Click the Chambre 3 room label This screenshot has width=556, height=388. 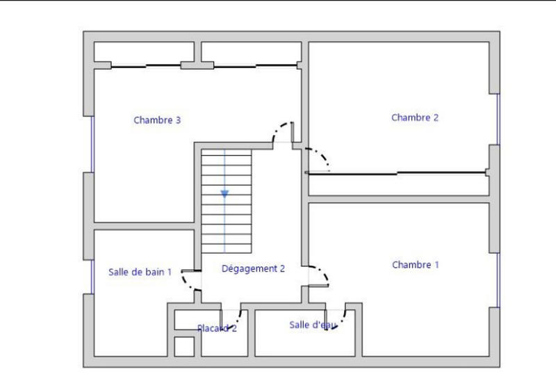pyautogui.click(x=157, y=120)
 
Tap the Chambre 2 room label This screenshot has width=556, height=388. pyautogui.click(x=415, y=118)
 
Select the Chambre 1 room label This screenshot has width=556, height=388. pyautogui.click(x=416, y=265)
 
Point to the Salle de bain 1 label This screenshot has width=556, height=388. pyautogui.click(x=140, y=272)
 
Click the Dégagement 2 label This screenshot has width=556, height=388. pyautogui.click(x=253, y=268)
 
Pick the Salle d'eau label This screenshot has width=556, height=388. pyautogui.click(x=313, y=325)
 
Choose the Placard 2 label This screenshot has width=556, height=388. pyautogui.click(x=217, y=328)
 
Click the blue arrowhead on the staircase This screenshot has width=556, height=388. pyautogui.click(x=224, y=194)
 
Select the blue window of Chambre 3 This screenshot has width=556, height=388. pyautogui.click(x=92, y=143)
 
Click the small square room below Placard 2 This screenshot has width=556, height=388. pyautogui.click(x=184, y=346)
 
